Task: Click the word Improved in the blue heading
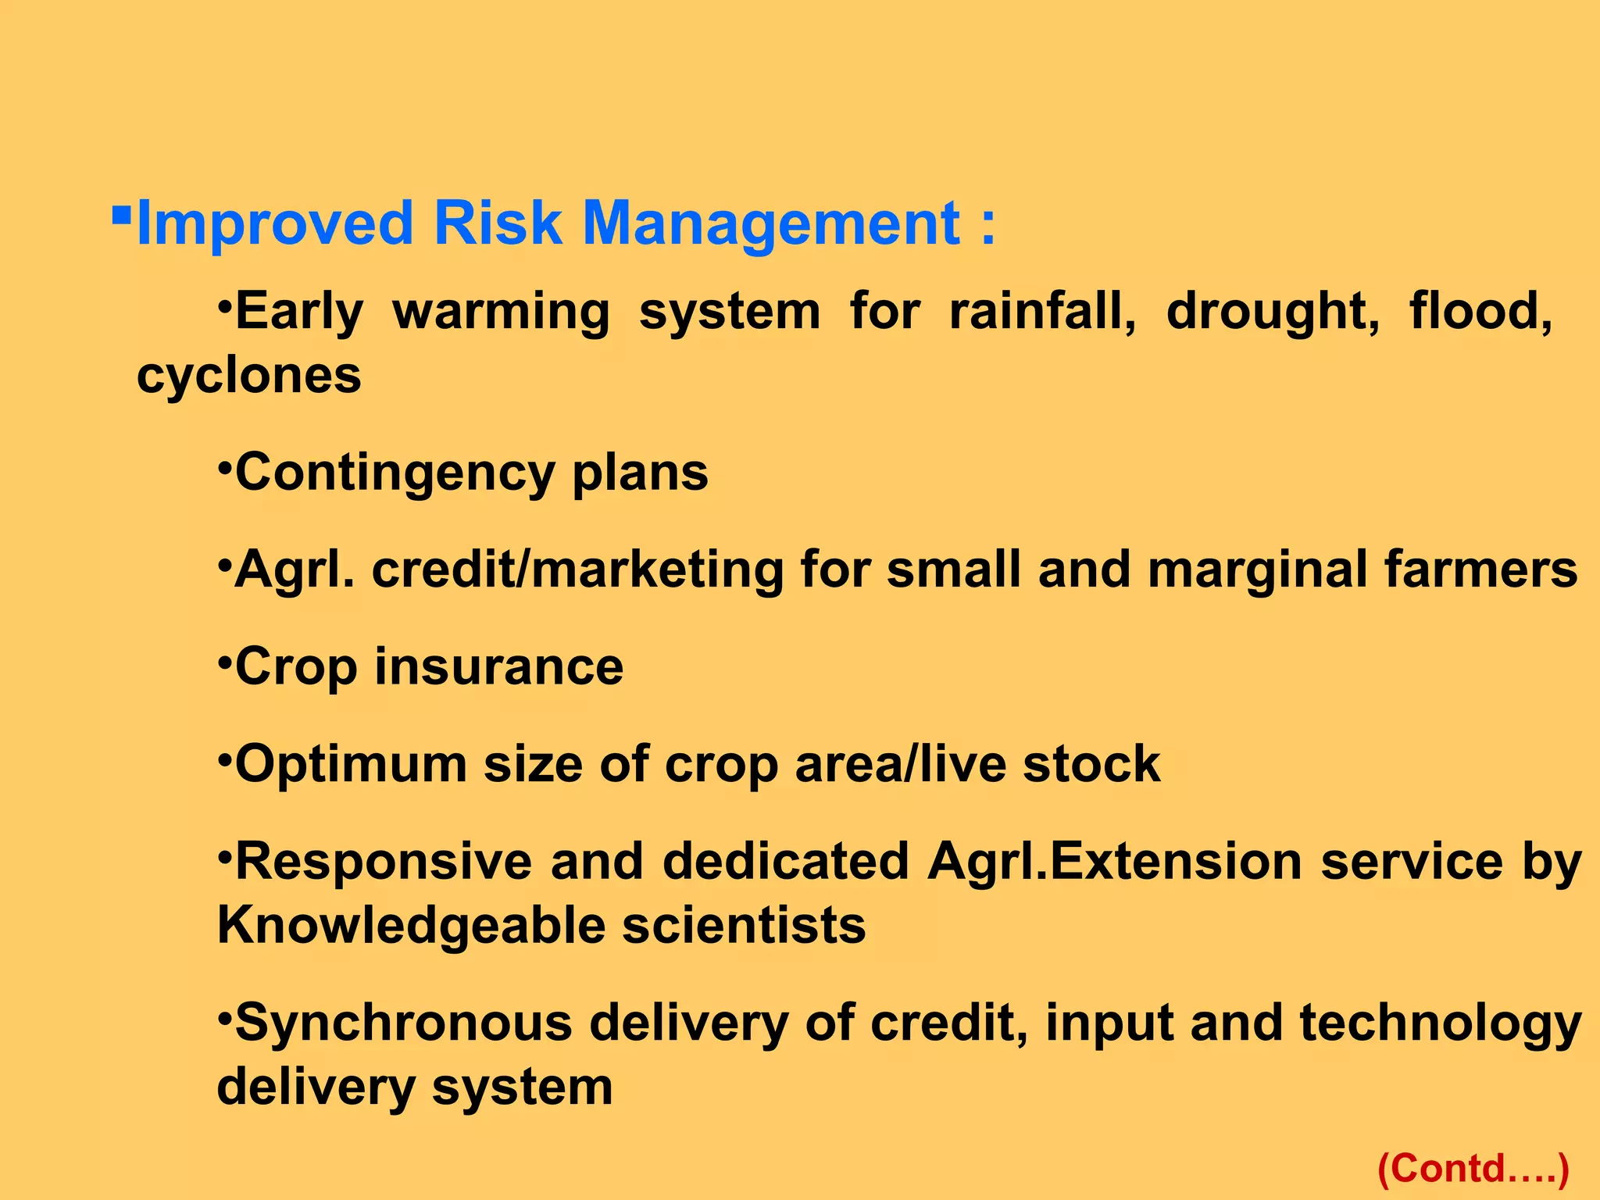point(274,224)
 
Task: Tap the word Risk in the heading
point(497,224)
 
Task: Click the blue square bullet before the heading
point(121,214)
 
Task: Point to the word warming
point(501,312)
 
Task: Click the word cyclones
point(248,376)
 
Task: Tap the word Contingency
point(394,473)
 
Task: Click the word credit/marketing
point(577,570)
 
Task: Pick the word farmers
point(1480,570)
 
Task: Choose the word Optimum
point(351,764)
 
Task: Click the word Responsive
point(383,862)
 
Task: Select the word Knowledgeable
point(411,926)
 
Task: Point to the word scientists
point(744,926)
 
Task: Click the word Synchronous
point(403,1023)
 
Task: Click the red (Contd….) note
point(1473,1169)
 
